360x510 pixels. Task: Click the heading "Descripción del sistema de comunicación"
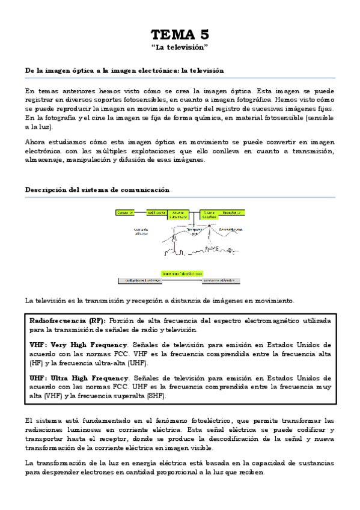[97, 189]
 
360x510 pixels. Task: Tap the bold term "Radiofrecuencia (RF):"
[67, 321]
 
